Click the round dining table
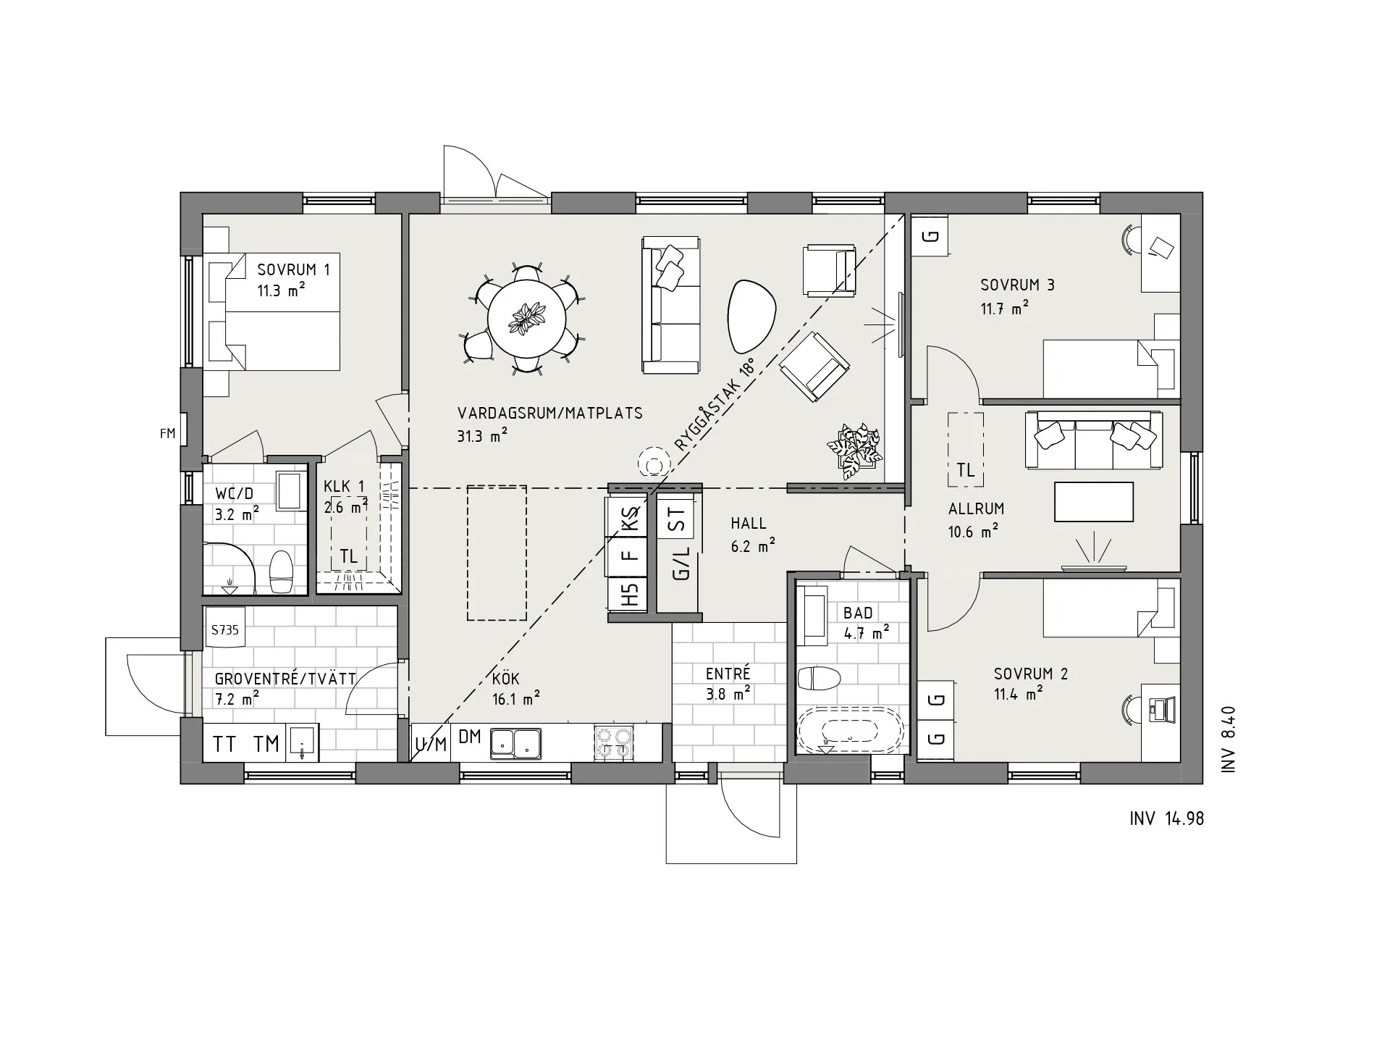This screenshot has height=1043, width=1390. tap(526, 319)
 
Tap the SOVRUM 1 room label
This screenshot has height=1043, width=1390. tap(293, 269)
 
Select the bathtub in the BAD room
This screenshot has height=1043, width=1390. tap(850, 731)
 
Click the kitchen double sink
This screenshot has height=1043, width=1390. tap(516, 743)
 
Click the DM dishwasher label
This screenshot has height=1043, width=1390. tap(470, 737)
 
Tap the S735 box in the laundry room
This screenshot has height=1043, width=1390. tap(224, 630)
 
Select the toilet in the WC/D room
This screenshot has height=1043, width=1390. tap(280, 571)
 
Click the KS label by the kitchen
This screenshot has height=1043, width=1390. tap(631, 520)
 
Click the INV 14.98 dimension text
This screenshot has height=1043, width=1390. tap(1166, 818)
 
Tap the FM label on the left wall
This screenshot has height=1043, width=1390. tap(167, 434)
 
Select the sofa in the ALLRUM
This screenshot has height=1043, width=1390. tap(1093, 440)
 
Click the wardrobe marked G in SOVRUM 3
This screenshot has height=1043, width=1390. tap(930, 235)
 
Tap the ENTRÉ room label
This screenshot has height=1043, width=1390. tap(728, 674)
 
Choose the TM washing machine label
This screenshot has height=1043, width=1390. tap(266, 744)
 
